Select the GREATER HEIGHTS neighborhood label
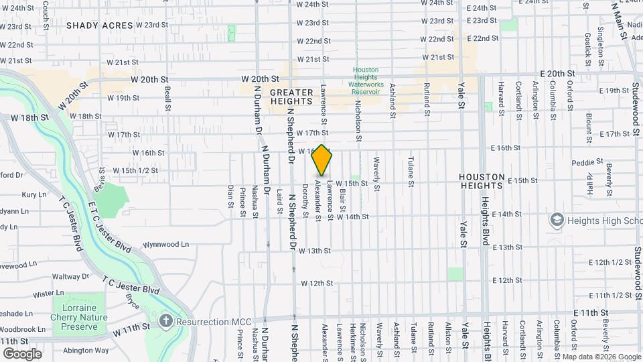point(291,97)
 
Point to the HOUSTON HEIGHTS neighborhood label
point(482,182)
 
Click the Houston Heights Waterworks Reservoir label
point(366,80)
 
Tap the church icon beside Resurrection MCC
point(167,321)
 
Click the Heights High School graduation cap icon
point(557,220)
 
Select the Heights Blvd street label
point(484,214)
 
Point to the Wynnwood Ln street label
point(167,245)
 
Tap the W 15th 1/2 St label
point(135,170)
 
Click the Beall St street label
point(167,99)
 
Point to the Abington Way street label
point(86,350)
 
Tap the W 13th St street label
point(315,251)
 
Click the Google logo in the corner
point(22,354)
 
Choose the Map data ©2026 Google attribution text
point(601,357)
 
